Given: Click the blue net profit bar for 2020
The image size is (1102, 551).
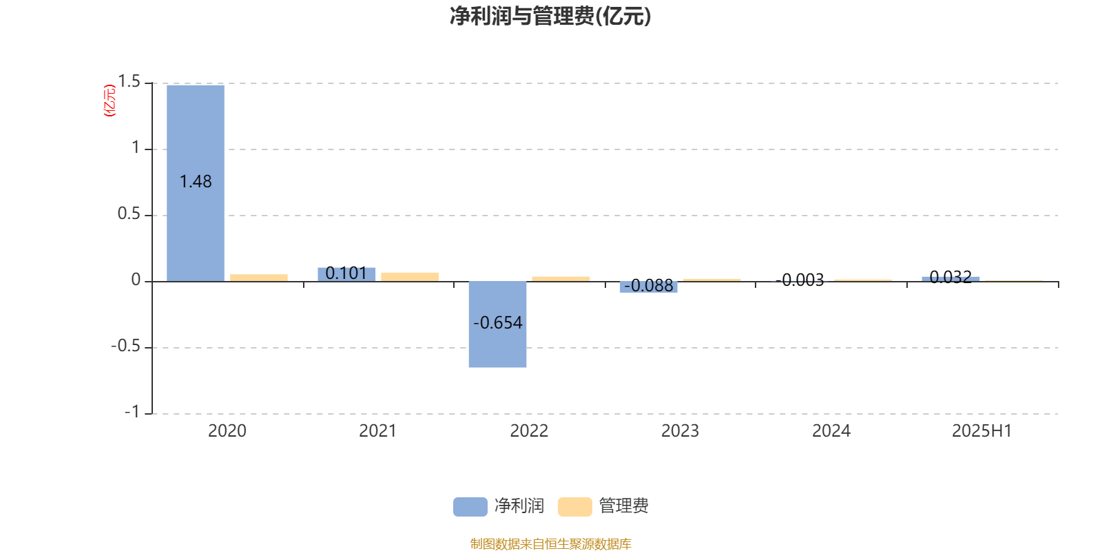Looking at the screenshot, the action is [196, 183].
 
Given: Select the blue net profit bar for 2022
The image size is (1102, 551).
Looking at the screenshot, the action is [497, 324].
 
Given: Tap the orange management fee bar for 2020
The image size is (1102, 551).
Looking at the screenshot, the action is [259, 278].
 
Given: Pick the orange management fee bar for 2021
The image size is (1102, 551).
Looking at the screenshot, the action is [410, 277].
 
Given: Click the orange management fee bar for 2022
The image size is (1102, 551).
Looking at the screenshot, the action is [561, 279].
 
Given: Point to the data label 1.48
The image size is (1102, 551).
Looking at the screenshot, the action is [196, 182].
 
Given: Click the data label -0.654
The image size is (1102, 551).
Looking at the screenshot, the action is [497, 323].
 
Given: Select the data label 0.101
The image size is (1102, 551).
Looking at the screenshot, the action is [346, 273].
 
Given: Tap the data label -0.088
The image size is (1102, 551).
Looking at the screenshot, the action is [648, 285].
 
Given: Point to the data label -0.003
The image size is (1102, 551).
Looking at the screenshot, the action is [800, 280].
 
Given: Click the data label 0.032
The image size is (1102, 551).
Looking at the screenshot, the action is [950, 277].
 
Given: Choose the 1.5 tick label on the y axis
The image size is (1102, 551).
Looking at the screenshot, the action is [129, 82].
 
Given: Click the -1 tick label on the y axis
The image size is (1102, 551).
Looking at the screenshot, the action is [132, 412].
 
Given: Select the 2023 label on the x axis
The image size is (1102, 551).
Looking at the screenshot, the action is [680, 431].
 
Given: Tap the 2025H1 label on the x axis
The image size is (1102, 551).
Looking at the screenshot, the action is [982, 431].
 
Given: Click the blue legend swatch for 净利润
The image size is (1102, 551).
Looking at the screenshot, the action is [470, 507].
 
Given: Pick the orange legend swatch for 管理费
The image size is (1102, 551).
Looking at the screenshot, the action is [574, 507].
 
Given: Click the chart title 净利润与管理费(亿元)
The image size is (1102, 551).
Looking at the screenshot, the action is [550, 17].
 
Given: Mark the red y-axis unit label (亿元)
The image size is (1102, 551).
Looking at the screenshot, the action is [110, 101].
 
